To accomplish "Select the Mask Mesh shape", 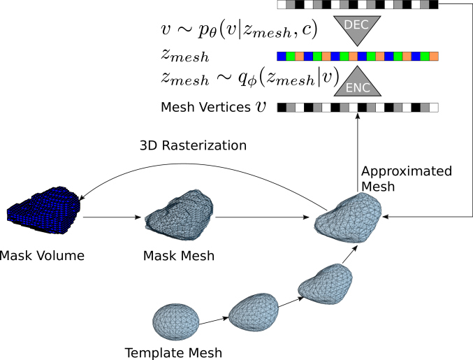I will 180,213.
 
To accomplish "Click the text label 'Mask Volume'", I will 43,255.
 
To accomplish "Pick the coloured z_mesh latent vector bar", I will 358,55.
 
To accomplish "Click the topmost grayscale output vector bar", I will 358,5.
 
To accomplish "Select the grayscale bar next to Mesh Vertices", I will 358,108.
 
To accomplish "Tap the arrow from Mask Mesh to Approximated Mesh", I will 263,218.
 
